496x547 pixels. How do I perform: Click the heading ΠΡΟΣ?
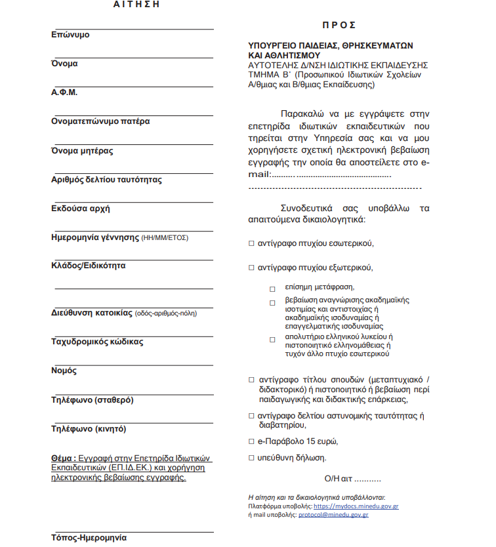point(339,25)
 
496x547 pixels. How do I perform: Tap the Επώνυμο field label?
point(70,35)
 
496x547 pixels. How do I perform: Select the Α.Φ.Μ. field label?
point(64,92)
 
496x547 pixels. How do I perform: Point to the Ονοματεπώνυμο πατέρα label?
point(100,121)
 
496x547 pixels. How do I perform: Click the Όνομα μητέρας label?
point(82,151)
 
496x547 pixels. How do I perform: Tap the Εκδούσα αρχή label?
point(81,209)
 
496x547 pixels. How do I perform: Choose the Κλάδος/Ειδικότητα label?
point(89,266)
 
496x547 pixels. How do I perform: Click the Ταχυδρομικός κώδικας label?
point(97,342)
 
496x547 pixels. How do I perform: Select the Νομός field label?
point(64,371)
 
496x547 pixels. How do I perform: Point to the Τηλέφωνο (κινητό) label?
point(89,429)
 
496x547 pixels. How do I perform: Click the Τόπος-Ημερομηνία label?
point(89,538)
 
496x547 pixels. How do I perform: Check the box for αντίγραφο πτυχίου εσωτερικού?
point(251,243)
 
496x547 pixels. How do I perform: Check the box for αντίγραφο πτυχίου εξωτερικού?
point(251,268)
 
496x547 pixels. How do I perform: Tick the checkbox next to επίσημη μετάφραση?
point(272,289)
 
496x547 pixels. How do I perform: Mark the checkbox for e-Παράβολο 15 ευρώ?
point(251,441)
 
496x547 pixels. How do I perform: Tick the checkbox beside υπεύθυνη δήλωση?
point(251,457)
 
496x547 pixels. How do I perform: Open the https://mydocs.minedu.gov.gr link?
point(356,506)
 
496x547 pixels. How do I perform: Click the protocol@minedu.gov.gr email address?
point(333,515)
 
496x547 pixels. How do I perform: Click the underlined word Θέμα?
point(63,458)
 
